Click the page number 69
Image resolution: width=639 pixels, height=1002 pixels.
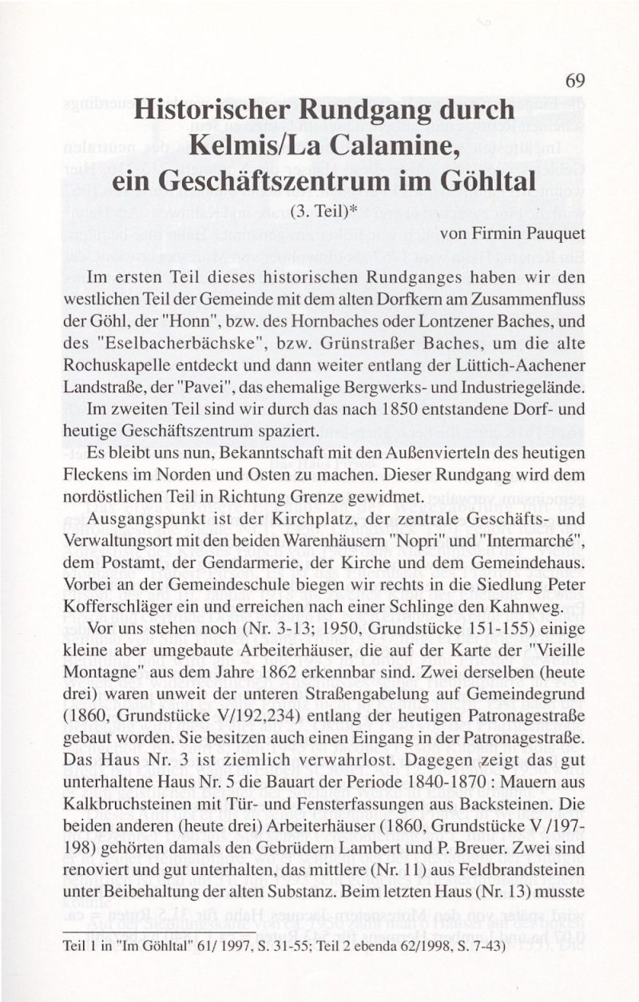coord(575,81)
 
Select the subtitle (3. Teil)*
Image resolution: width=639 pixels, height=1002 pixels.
coord(322,211)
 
